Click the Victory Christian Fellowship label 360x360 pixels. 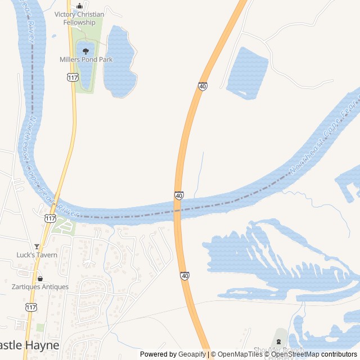click(79, 18)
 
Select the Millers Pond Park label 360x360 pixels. click(86, 59)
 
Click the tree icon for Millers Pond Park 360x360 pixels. click(86, 51)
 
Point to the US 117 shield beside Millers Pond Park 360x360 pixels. click(72, 77)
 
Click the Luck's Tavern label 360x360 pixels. click(37, 255)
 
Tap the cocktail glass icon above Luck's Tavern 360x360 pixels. click(37, 246)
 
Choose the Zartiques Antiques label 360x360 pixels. click(40, 287)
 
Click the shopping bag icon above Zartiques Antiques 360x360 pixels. click(40, 278)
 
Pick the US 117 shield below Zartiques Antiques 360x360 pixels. click(31, 307)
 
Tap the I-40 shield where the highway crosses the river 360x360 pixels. click(179, 195)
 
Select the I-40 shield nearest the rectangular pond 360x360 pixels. click(202, 86)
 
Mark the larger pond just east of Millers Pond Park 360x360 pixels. click(119, 59)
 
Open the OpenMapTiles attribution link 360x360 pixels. click(240, 354)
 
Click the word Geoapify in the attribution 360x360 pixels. click(193, 354)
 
